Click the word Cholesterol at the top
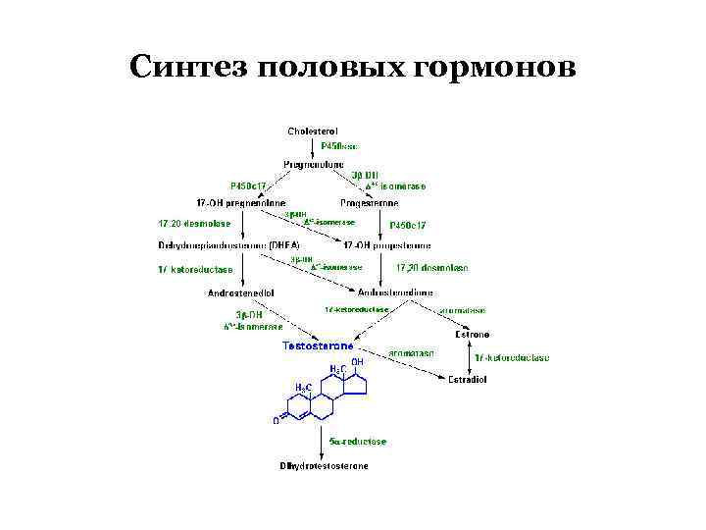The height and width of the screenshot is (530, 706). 313,131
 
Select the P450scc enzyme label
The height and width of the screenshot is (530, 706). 338,146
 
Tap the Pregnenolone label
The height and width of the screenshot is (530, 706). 312,164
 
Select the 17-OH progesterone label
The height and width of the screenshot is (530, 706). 393,244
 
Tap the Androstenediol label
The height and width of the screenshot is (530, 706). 241,291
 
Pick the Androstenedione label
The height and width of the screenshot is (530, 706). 393,291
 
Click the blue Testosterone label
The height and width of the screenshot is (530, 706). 319,345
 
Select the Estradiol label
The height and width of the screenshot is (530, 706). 469,379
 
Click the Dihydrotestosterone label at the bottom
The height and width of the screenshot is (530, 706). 324,465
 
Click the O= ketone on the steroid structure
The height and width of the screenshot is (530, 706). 277,421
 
